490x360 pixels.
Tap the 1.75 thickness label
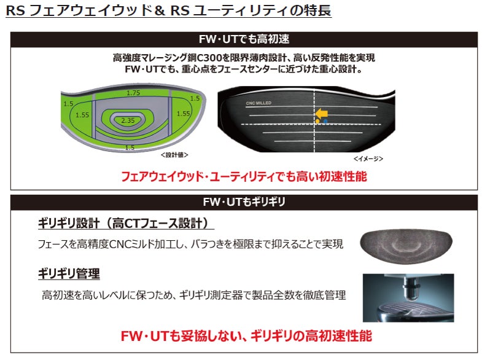133,93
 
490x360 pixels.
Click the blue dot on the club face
325,122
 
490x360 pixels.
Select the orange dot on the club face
317,122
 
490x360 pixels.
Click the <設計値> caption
174,155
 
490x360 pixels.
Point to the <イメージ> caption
368,158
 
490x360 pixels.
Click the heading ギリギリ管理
69,273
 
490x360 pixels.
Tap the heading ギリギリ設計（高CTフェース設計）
126,223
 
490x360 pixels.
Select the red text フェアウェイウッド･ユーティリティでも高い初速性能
244,176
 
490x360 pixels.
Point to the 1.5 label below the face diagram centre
130,148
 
